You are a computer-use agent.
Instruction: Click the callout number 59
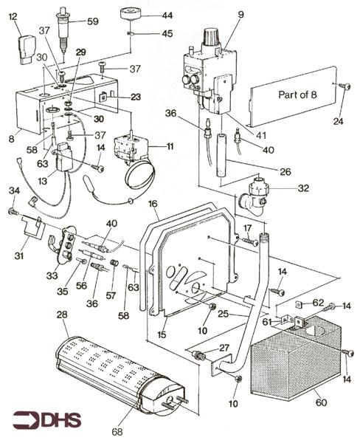click(93, 21)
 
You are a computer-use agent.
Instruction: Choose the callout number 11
click(170, 147)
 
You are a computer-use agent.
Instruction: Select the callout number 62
click(316, 302)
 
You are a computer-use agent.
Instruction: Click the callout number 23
click(135, 97)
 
